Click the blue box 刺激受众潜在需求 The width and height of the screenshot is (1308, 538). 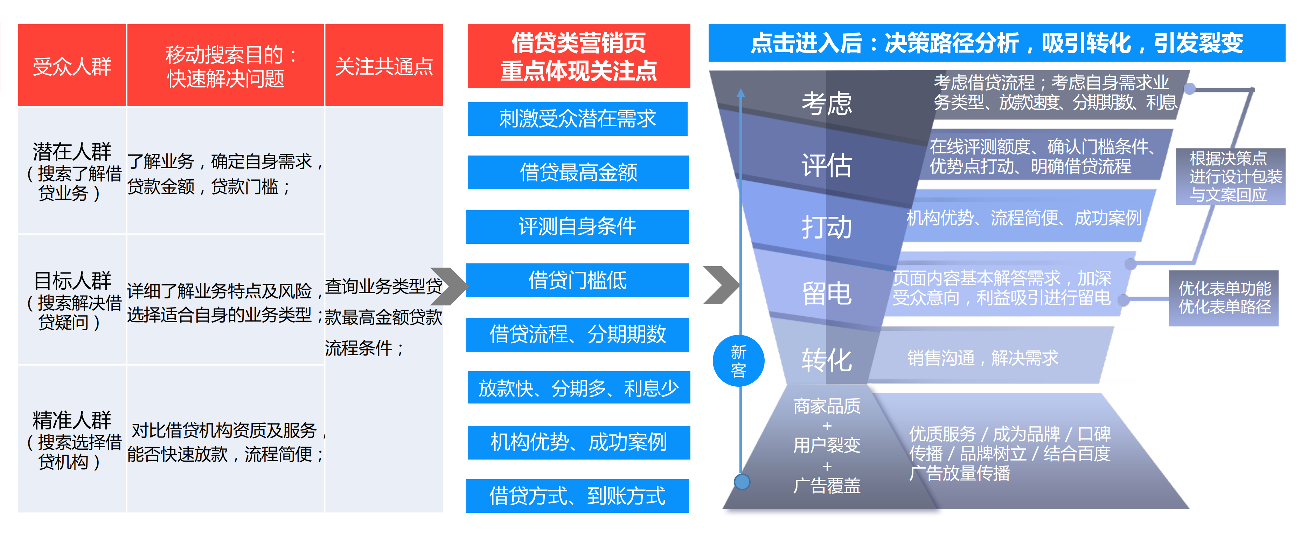577,119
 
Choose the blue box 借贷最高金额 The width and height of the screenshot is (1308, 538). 578,172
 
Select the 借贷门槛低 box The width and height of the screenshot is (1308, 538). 577,280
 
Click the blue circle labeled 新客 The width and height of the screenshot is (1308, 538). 738,361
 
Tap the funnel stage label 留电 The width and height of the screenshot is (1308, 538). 826,293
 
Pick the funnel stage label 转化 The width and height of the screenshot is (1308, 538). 826,360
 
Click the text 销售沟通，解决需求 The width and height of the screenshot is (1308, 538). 982,358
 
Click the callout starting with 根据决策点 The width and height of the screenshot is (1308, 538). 1230,176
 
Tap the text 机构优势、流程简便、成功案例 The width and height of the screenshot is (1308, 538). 1024,218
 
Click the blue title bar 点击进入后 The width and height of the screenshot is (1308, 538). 996,43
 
